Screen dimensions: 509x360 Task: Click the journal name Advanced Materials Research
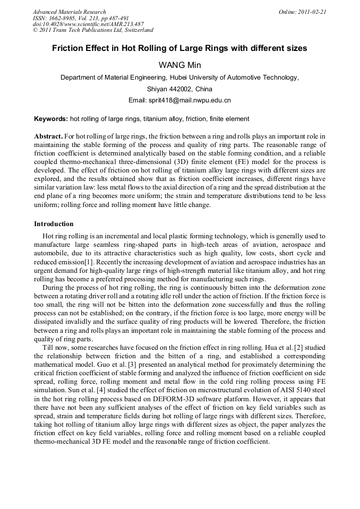[69, 12]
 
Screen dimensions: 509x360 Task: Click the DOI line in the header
[88, 24]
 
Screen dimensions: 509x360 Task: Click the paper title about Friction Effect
[179, 48]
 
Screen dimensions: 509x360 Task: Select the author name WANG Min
[179, 65]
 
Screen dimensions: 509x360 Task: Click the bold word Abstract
[49, 137]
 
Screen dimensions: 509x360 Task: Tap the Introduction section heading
[54, 224]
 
